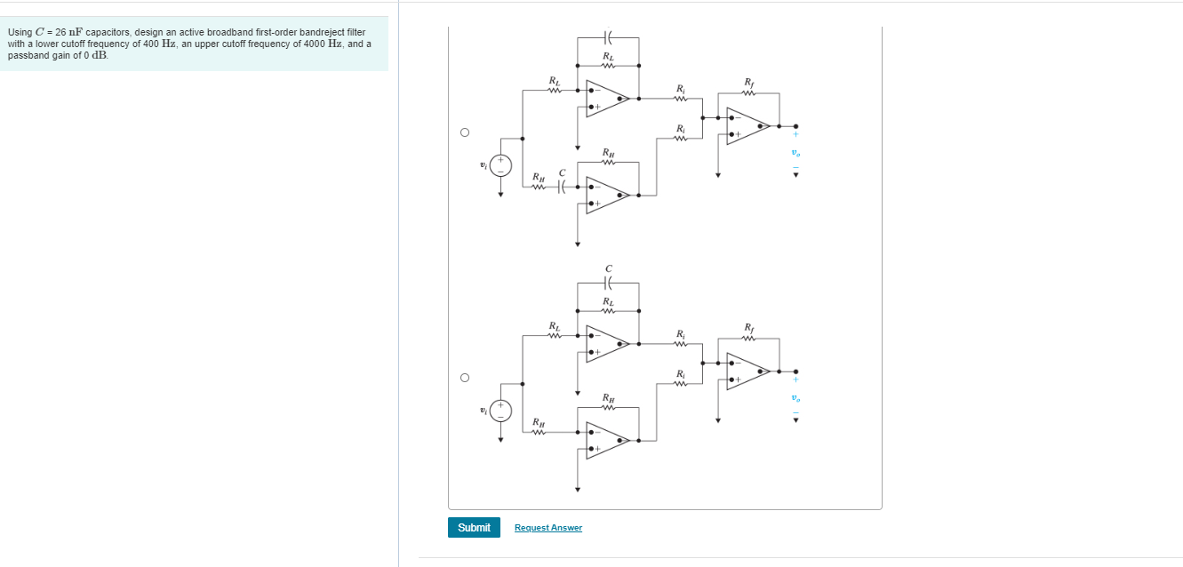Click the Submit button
tap(474, 528)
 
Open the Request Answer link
tap(548, 528)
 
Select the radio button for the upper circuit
tap(464, 133)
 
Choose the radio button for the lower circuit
tap(464, 378)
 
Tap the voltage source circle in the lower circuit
tap(500, 410)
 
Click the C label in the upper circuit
tap(562, 172)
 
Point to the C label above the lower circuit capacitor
tap(608, 268)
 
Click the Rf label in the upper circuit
tap(748, 82)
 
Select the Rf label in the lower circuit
tap(748, 327)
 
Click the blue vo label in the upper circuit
tap(795, 153)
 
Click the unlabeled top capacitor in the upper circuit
tap(608, 37)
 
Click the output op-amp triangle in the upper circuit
tap(747, 126)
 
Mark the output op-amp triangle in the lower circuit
tap(747, 371)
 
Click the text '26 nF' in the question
tap(69, 32)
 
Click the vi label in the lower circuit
tap(483, 410)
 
